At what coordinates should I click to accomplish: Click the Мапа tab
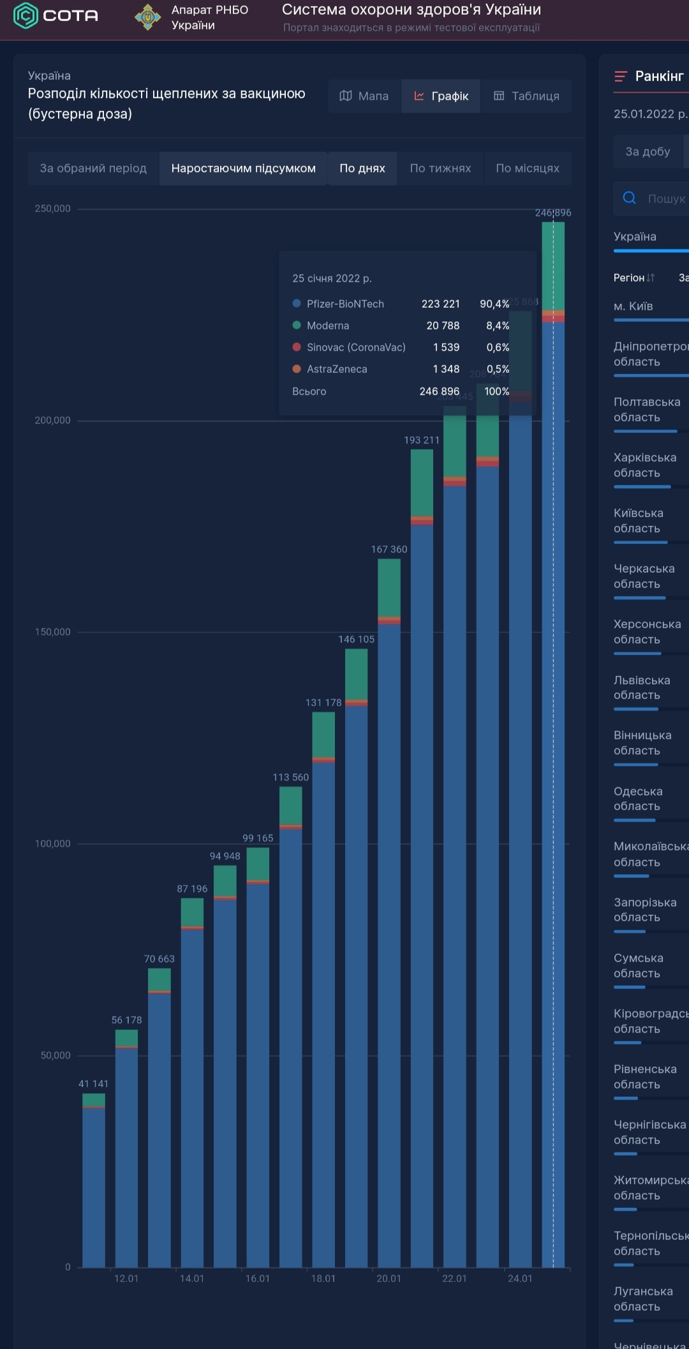pyautogui.click(x=364, y=96)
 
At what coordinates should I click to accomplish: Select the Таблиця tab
pyautogui.click(x=526, y=96)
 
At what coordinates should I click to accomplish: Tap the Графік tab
pyautogui.click(x=441, y=96)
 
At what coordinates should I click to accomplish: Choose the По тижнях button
pyautogui.click(x=440, y=169)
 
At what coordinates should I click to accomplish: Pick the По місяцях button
pyautogui.click(x=528, y=169)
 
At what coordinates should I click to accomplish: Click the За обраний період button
pyautogui.click(x=93, y=169)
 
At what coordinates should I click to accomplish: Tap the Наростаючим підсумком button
pyautogui.click(x=243, y=169)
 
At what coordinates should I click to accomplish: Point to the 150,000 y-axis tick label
pyautogui.click(x=53, y=632)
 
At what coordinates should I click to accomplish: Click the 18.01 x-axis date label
pyautogui.click(x=323, y=1278)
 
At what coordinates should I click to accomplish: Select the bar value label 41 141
pyautogui.click(x=93, y=1083)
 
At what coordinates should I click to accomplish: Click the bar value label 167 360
pyautogui.click(x=389, y=549)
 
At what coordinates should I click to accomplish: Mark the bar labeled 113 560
pyautogui.click(x=291, y=1021)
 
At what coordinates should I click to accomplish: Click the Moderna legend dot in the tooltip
pyautogui.click(x=297, y=325)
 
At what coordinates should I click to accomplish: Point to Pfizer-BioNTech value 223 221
pyautogui.click(x=440, y=304)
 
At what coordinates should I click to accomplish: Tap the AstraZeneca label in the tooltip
pyautogui.click(x=337, y=369)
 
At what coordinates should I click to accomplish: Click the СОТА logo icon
pyautogui.click(x=26, y=15)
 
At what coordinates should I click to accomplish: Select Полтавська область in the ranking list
pyautogui.click(x=647, y=410)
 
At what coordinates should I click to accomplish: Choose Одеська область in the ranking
pyautogui.click(x=638, y=799)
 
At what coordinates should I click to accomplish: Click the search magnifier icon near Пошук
pyautogui.click(x=629, y=198)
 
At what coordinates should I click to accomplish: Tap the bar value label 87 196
pyautogui.click(x=192, y=889)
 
